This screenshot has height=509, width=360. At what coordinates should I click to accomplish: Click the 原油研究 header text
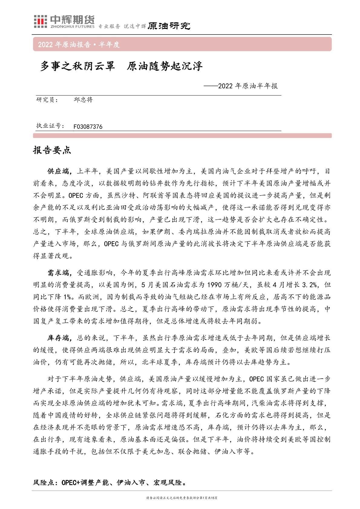click(x=169, y=26)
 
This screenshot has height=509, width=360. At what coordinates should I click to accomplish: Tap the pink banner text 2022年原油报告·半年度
click(x=79, y=45)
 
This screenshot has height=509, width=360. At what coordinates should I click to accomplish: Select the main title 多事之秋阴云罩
click(x=78, y=67)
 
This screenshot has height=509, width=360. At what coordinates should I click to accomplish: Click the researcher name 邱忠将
click(x=83, y=100)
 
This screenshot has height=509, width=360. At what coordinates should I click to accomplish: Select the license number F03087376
click(x=88, y=127)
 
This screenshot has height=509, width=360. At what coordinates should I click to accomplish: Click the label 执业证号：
click(x=50, y=126)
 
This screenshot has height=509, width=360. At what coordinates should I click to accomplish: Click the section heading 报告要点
click(x=52, y=150)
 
